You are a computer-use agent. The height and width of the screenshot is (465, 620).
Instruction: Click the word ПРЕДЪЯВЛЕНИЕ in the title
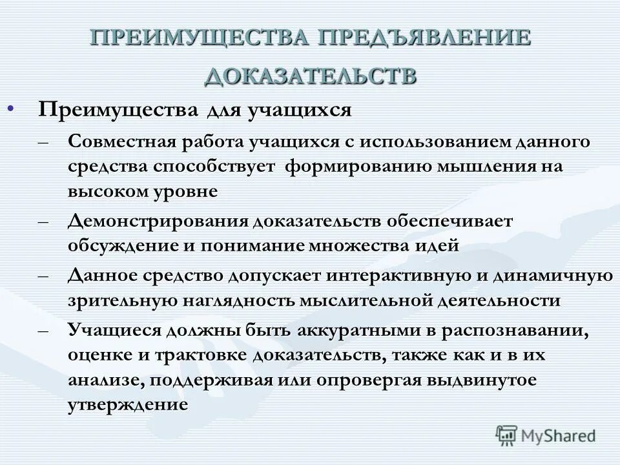pos(422,37)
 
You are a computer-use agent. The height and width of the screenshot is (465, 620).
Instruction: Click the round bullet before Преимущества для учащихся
pos(10,108)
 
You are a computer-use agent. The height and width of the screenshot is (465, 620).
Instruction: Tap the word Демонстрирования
pos(158,221)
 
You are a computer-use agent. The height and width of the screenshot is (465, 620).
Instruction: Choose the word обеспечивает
pos(450,221)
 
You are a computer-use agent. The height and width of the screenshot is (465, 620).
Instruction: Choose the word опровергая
pos(356,380)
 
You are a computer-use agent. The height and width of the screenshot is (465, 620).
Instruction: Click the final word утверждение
pos(128,406)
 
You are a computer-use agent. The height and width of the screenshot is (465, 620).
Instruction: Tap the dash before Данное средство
pos(43,276)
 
